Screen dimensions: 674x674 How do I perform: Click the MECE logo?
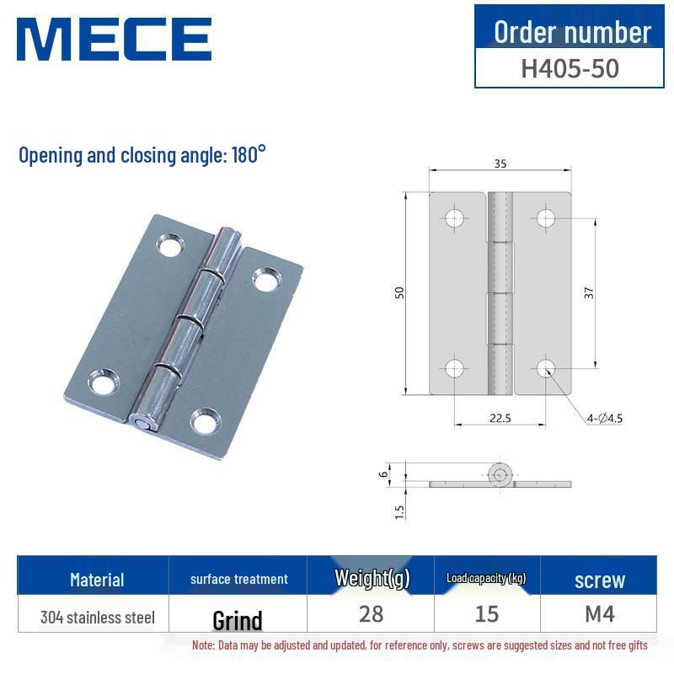pyautogui.click(x=114, y=39)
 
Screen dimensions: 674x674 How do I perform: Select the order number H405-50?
pyautogui.click(x=570, y=67)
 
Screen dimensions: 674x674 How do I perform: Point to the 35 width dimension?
pyautogui.click(x=500, y=164)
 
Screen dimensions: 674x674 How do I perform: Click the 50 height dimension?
pyautogui.click(x=400, y=292)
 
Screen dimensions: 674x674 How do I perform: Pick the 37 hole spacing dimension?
pyautogui.click(x=590, y=292)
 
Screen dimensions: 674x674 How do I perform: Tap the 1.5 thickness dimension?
pyautogui.click(x=399, y=510)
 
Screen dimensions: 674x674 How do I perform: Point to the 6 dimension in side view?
pyautogui.click(x=384, y=474)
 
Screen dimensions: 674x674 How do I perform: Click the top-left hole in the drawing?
pyautogui.click(x=455, y=218)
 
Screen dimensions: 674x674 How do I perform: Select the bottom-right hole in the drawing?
pyautogui.click(x=546, y=367)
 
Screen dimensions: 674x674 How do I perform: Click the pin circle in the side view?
pyautogui.click(x=500, y=475)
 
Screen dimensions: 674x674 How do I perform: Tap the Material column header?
pyautogui.click(x=97, y=580)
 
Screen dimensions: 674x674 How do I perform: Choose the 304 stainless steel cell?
pyautogui.click(x=98, y=618)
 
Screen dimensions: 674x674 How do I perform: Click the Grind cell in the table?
pyautogui.click(x=238, y=621)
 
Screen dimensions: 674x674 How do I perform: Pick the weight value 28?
pyautogui.click(x=371, y=613)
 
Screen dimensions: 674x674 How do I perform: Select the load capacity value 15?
pyautogui.click(x=487, y=613)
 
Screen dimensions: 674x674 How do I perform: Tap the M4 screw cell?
pyautogui.click(x=599, y=613)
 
